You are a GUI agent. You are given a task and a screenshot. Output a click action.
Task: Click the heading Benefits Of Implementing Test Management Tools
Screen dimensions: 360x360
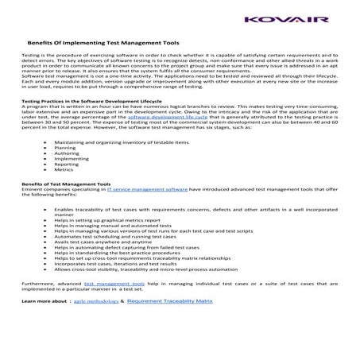click(103, 43)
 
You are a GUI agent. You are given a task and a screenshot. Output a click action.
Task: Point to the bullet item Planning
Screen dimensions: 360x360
click(65, 170)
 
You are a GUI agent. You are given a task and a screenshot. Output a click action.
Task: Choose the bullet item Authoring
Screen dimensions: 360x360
click(67, 176)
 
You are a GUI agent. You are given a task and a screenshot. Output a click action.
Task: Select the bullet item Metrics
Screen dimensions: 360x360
click(64, 192)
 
